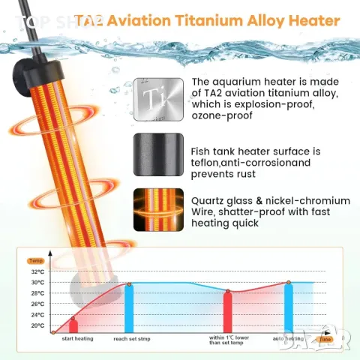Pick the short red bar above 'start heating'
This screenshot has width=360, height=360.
coord(73,326)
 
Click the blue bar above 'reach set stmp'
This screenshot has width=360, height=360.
coord(129,307)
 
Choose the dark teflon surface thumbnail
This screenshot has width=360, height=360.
coord(158,154)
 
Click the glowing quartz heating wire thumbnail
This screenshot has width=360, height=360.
coord(158,211)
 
